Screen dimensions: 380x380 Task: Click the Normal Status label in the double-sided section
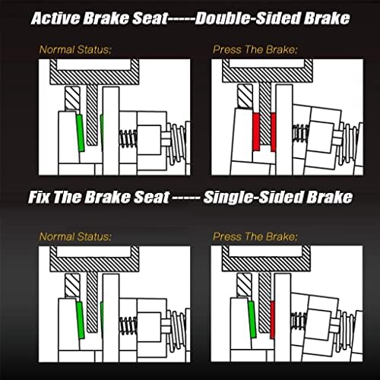pos(75,49)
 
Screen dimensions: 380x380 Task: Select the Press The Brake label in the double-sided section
pos(255,49)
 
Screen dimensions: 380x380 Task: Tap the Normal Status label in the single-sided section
pos(75,236)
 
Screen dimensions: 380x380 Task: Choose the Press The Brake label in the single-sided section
pos(255,236)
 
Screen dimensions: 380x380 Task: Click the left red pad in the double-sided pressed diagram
pos(256,131)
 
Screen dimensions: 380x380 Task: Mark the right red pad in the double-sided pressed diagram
pos(274,132)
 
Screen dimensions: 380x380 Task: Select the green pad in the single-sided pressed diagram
pos(252,319)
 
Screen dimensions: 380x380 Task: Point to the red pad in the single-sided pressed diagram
pos(272,320)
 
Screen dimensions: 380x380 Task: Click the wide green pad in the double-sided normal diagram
pos(81,133)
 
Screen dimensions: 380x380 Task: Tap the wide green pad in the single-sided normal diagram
pos(81,320)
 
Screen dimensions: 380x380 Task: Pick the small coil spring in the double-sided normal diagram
pos(128,139)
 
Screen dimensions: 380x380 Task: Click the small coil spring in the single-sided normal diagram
pos(128,325)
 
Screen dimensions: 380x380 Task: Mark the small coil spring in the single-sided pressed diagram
pos(299,321)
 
